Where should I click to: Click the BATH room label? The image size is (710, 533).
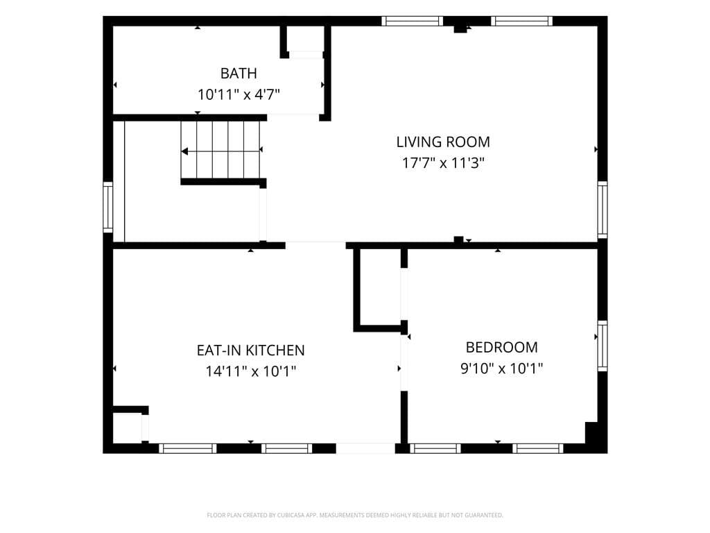tap(239, 74)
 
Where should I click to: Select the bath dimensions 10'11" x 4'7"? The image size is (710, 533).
tap(239, 94)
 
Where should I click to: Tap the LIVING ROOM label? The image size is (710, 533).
tap(443, 142)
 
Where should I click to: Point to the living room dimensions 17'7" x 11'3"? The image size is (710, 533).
tap(443, 162)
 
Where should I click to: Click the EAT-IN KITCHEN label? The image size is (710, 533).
tap(250, 350)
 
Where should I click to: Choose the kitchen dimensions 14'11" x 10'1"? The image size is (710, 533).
tap(250, 371)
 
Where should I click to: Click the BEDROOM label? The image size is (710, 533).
tap(502, 347)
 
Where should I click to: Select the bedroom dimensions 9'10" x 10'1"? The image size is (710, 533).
tap(502, 368)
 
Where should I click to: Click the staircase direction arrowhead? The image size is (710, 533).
tap(184, 151)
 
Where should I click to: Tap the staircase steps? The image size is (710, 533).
tap(220, 150)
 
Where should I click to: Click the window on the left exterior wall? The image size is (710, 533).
tap(107, 207)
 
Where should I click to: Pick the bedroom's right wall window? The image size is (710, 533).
tap(603, 346)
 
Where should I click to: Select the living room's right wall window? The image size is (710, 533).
tap(603, 210)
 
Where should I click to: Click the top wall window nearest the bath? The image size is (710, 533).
tap(412, 21)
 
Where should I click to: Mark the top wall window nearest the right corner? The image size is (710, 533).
tap(521, 21)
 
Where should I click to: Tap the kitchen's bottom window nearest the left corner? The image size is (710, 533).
tap(187, 449)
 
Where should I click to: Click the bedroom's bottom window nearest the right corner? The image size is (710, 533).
tap(538, 449)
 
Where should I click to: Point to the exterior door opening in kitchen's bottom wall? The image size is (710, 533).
tap(365, 448)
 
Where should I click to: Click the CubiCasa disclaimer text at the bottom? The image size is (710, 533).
tap(355, 515)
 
